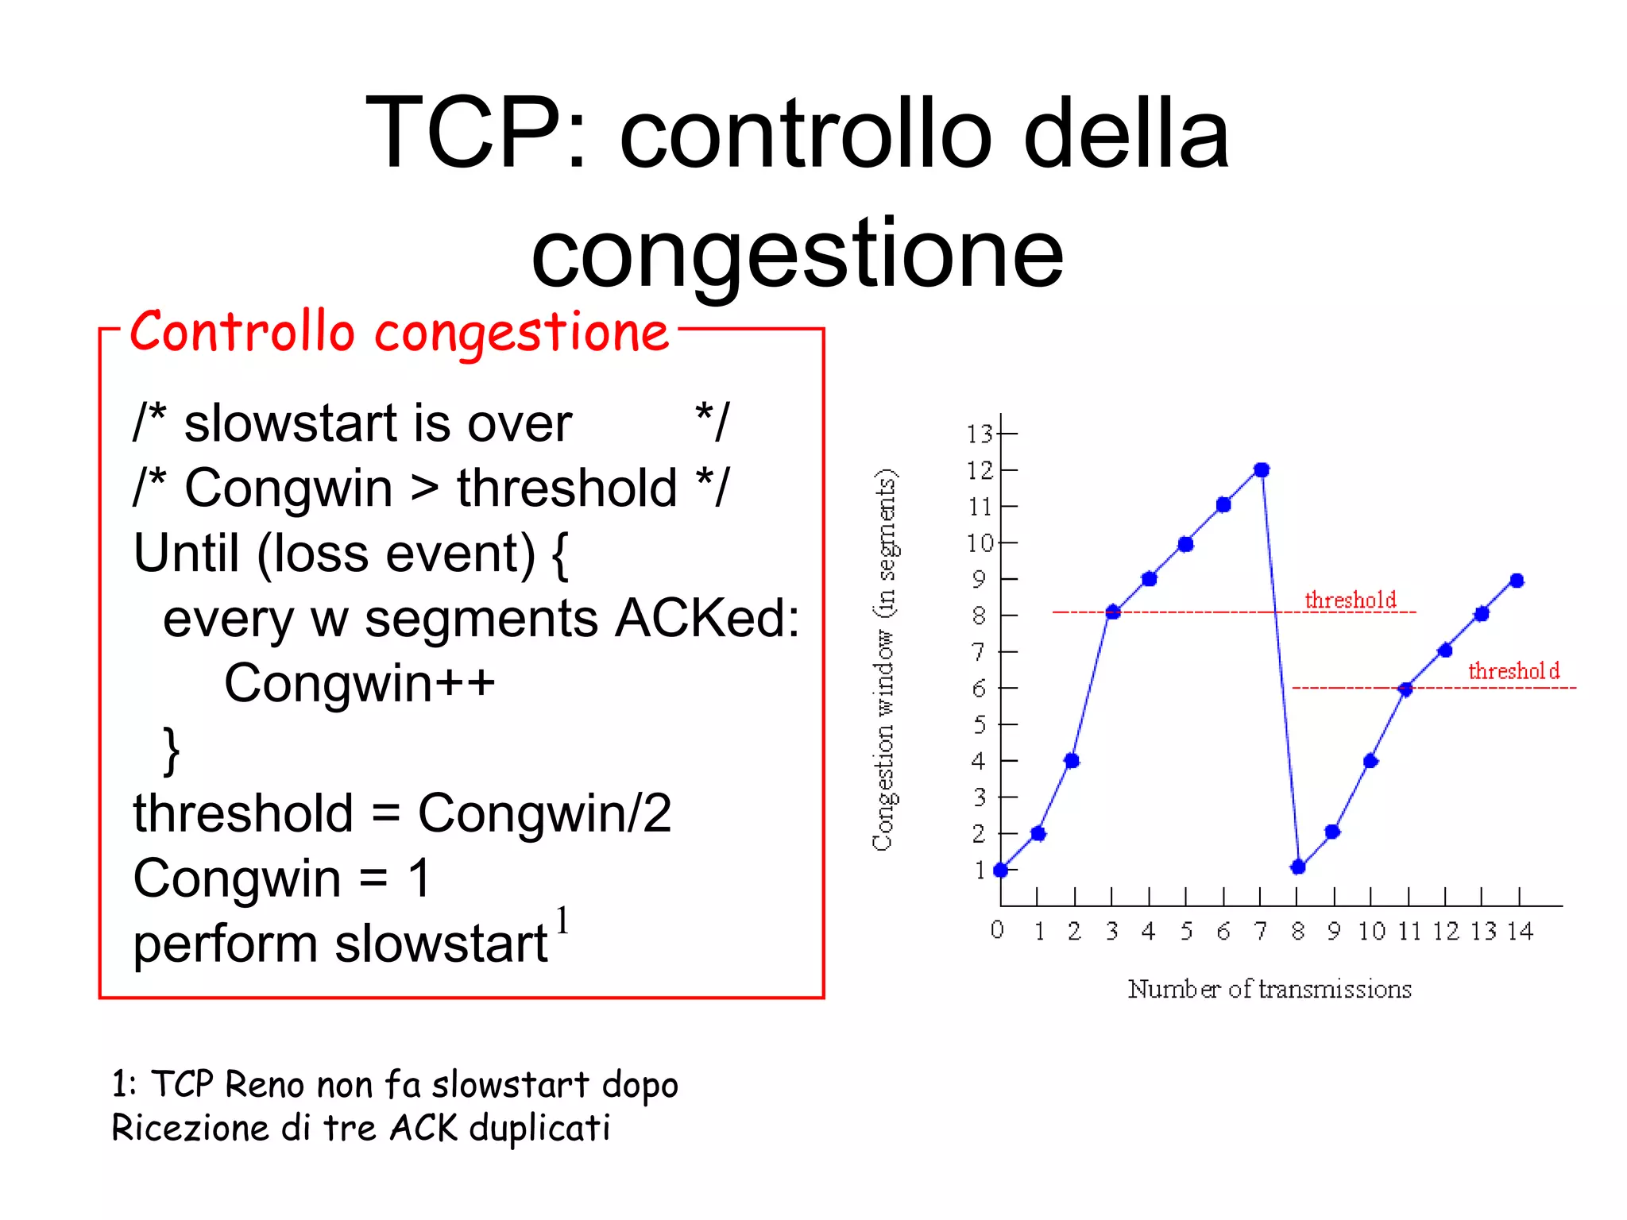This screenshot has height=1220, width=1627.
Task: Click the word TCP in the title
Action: point(462,133)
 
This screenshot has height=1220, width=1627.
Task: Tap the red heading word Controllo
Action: point(242,332)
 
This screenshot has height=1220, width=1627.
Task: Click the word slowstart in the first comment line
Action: point(290,423)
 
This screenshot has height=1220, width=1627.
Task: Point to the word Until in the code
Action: point(186,554)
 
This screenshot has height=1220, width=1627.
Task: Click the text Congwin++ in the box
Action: point(359,684)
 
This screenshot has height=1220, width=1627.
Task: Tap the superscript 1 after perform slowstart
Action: point(562,922)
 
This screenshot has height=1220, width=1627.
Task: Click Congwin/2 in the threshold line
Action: point(545,814)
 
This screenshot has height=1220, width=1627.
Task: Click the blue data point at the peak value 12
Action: point(1262,470)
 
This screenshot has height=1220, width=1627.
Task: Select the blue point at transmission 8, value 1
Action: point(1298,867)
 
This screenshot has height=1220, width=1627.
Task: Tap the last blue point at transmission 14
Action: point(1517,581)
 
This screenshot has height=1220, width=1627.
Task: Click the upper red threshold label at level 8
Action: point(1351,600)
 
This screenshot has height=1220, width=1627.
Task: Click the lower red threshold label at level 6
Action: point(1513,672)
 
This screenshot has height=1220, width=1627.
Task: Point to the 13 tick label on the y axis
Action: point(980,434)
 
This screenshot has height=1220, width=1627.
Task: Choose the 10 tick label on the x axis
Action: point(1371,932)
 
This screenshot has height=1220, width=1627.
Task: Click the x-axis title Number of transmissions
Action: point(1270,990)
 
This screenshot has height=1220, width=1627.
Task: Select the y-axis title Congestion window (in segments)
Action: point(885,659)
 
